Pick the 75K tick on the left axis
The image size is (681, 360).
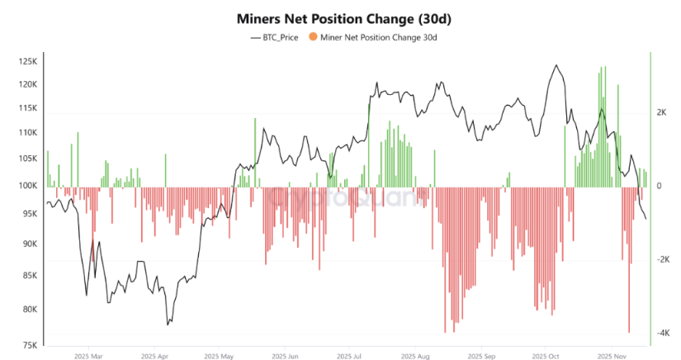click(30, 345)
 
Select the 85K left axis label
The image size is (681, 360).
click(30, 275)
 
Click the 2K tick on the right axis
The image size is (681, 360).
click(661, 112)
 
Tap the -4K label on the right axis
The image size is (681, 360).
click(662, 334)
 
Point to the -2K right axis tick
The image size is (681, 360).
click(662, 259)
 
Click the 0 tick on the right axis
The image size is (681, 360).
click(659, 186)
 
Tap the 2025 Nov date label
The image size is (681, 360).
click(612, 357)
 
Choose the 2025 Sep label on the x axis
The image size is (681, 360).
click(480, 357)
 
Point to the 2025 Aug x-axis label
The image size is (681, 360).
click(415, 357)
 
